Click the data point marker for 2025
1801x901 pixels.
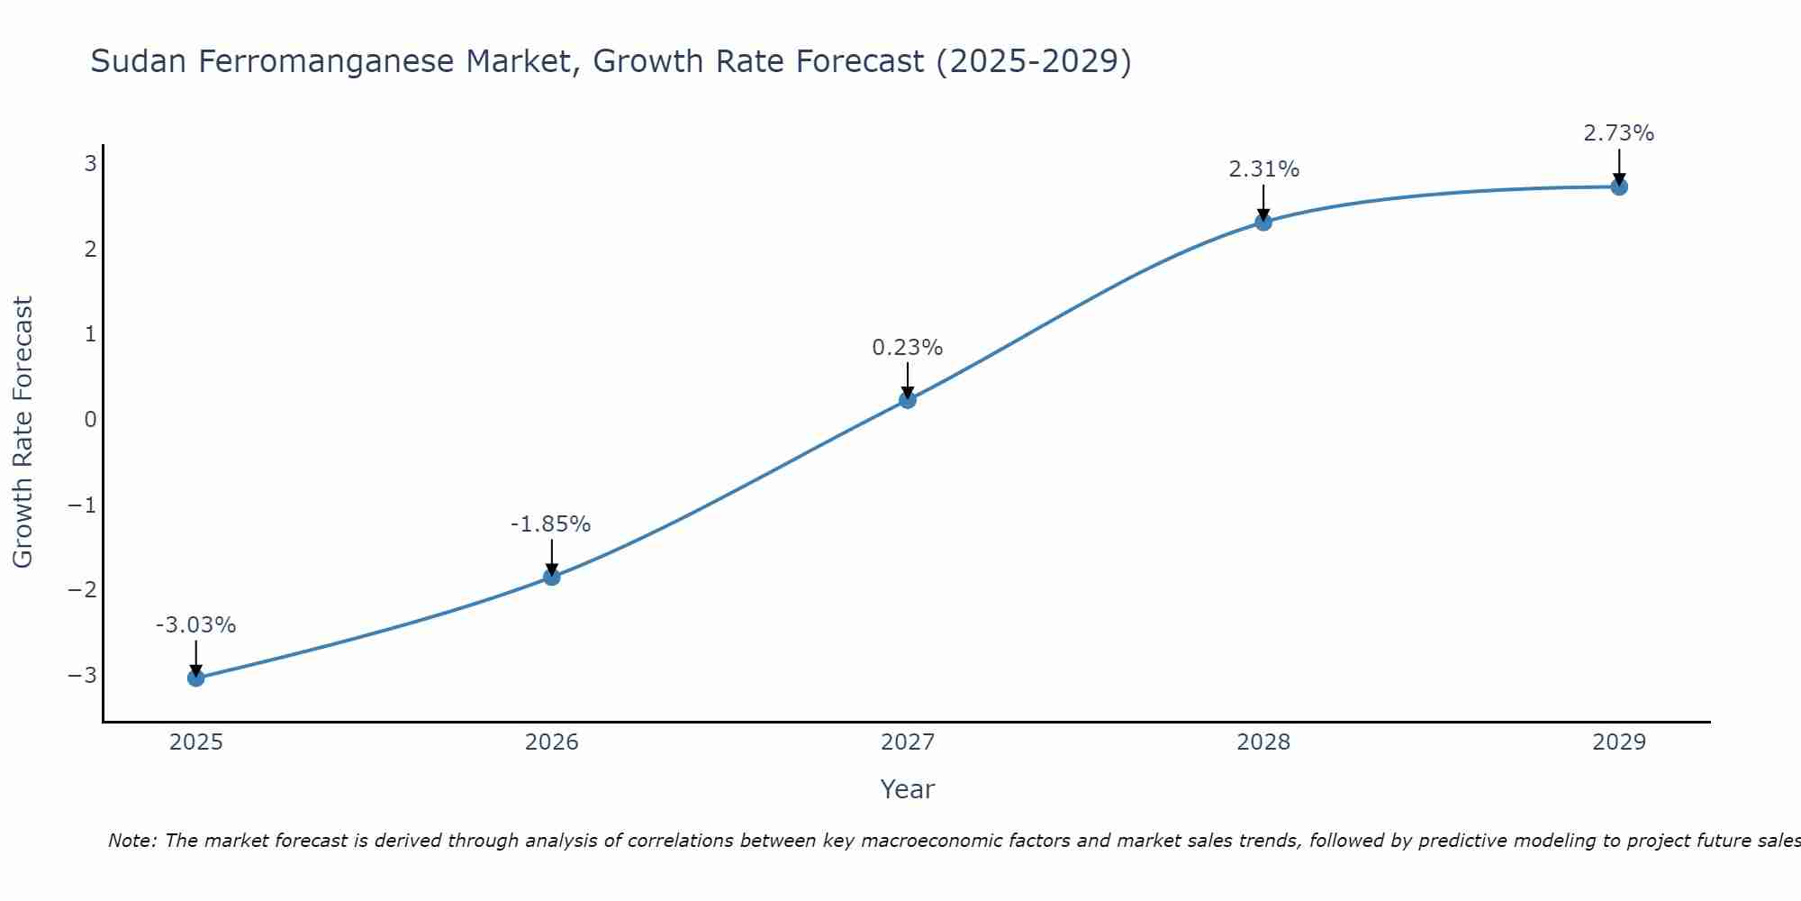point(196,678)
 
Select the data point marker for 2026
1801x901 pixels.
point(552,577)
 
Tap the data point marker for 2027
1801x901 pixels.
point(908,399)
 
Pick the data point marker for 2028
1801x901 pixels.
point(1263,222)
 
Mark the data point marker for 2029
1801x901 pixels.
point(1619,187)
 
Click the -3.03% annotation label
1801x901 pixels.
point(196,625)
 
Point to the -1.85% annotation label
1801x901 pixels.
point(551,524)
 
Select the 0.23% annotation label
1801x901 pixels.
point(908,348)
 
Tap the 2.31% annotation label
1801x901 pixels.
point(1263,169)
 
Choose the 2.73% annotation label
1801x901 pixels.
point(1619,133)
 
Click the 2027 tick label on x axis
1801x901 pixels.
point(908,742)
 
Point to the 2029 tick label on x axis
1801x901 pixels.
point(1619,742)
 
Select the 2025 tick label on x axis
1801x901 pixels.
point(196,742)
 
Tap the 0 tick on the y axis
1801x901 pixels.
point(90,419)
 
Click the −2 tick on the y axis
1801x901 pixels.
point(82,590)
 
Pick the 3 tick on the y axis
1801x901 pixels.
point(90,163)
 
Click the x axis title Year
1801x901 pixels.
point(908,789)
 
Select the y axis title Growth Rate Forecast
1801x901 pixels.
point(23,432)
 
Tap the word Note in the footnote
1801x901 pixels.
point(131,841)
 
